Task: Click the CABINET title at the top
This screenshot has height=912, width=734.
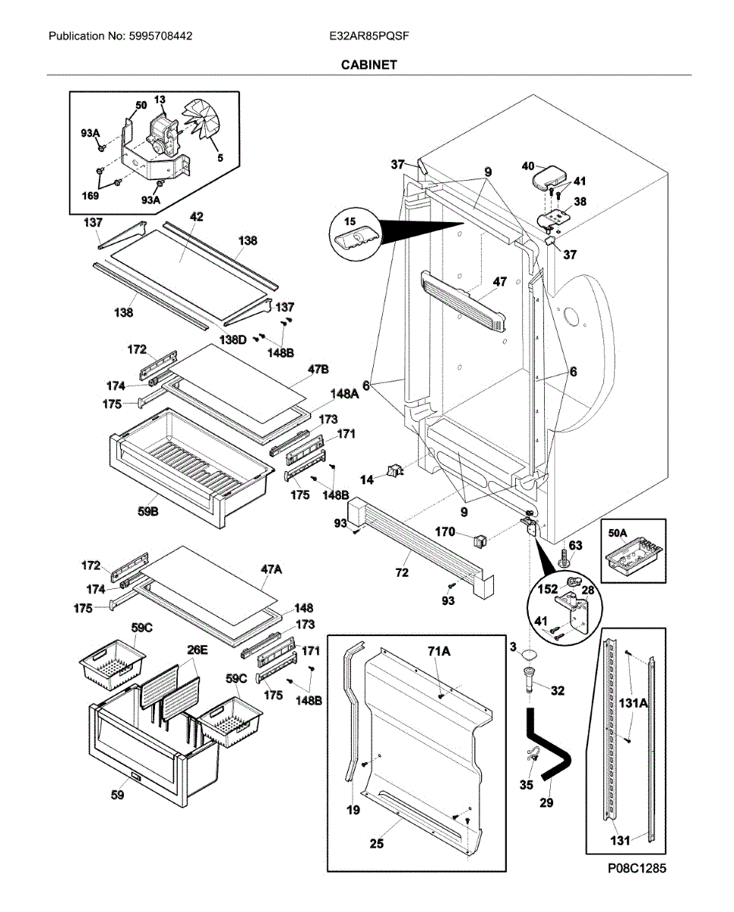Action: coord(369,65)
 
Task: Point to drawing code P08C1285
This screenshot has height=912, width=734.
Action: coord(637,867)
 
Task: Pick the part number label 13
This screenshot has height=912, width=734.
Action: coord(160,100)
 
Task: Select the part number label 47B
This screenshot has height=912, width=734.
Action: coord(318,369)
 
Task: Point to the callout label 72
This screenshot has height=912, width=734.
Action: coord(402,572)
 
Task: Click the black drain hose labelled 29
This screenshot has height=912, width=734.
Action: coord(554,749)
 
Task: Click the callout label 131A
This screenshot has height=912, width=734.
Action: coord(637,705)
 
